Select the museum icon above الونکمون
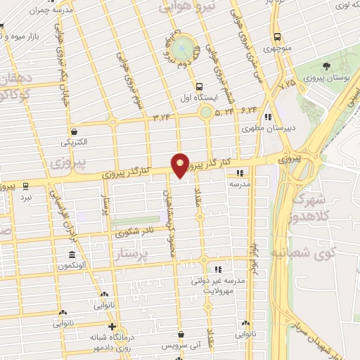[x=72, y=255]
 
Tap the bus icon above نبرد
[x=26, y=186]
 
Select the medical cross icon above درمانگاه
[x=112, y=327]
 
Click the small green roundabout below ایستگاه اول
[x=206, y=112]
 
